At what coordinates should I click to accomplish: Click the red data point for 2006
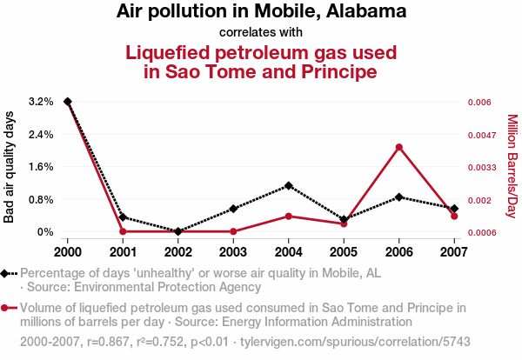click(x=398, y=147)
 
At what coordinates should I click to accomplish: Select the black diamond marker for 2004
click(x=289, y=185)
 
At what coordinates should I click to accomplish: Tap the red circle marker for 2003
click(x=233, y=231)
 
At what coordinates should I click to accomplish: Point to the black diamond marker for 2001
click(x=123, y=217)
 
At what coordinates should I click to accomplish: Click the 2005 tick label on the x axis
click(x=344, y=252)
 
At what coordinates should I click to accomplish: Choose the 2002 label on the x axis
click(x=178, y=252)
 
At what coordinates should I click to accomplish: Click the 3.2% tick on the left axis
click(x=41, y=102)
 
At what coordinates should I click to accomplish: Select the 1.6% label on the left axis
click(x=41, y=167)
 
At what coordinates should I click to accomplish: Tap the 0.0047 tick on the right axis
click(x=480, y=135)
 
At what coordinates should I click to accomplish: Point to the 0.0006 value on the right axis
click(x=480, y=232)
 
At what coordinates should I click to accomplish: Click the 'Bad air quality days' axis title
click(x=10, y=167)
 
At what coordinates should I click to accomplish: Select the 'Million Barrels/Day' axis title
click(x=512, y=167)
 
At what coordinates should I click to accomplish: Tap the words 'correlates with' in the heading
click(x=260, y=32)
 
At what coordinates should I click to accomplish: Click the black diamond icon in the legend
click(x=7, y=273)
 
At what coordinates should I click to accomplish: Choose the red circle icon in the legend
click(x=7, y=308)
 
